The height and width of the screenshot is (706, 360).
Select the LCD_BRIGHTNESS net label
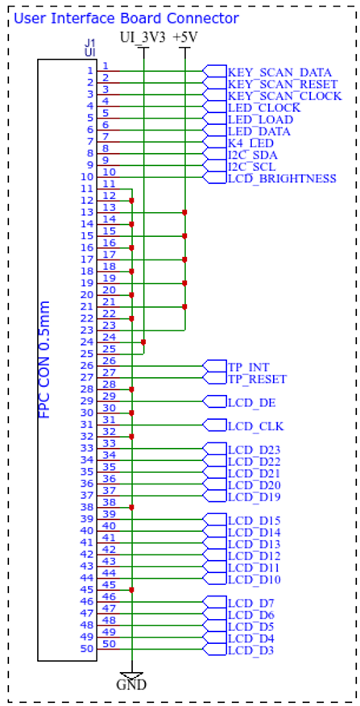(282, 179)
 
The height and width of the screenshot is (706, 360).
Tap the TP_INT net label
(249, 368)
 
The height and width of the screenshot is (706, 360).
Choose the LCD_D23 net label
(254, 450)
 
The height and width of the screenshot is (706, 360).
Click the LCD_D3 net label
(251, 650)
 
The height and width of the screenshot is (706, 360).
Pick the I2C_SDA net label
(252, 156)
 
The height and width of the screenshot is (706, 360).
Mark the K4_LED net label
(251, 143)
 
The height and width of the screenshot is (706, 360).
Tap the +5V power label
(185, 38)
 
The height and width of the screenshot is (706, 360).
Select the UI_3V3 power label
(143, 38)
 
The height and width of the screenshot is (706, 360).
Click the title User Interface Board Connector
(126, 19)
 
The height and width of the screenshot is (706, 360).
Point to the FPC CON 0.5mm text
(45, 359)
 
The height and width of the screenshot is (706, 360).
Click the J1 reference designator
(90, 44)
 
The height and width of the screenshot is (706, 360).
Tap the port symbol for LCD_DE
(215, 401)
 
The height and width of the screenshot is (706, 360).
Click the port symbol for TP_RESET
(215, 378)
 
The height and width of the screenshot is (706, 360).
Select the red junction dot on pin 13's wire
(184, 212)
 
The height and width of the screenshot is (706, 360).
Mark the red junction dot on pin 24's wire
(143, 343)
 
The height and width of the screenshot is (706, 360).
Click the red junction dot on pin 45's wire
(131, 590)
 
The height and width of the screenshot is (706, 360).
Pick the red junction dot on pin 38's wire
(131, 507)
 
